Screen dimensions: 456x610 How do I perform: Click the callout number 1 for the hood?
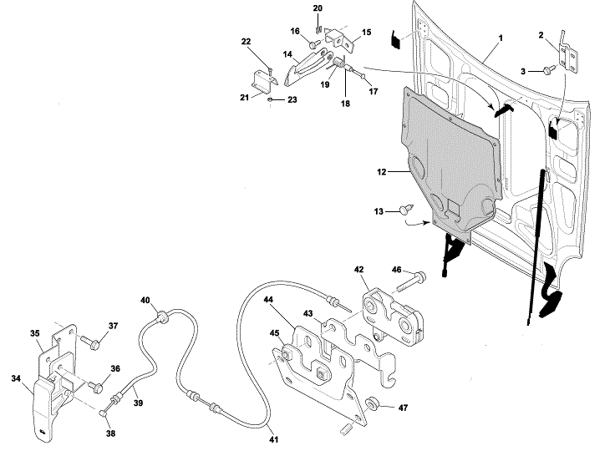pos(501,39)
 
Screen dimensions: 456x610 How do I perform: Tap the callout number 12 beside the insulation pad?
pos(381,172)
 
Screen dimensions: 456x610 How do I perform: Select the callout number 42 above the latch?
pos(358,270)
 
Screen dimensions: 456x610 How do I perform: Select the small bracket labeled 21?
pos(262,82)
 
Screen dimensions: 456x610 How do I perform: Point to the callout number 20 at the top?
pos(318,8)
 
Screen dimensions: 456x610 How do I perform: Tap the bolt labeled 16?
pos(313,43)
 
